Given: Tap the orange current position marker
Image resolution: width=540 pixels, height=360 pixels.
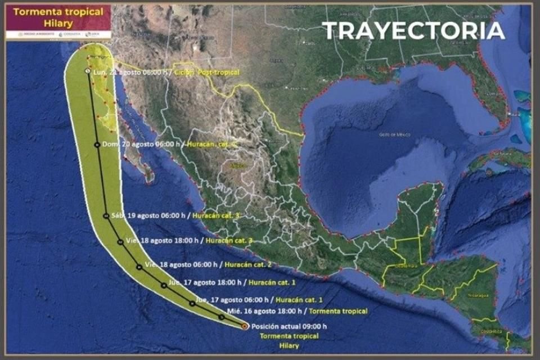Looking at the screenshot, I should [244, 326].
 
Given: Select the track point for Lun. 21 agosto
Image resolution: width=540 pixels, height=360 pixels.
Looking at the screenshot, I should [87, 71].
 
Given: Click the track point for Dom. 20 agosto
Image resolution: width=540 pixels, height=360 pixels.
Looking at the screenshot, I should [97, 145].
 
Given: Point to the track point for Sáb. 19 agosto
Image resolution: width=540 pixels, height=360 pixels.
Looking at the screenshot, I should [106, 215].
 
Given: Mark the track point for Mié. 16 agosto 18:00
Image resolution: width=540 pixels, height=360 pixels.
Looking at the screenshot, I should [221, 317].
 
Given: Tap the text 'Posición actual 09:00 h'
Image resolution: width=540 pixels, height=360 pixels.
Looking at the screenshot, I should [289, 326].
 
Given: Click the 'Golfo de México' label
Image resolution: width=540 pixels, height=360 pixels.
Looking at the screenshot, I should [394, 134].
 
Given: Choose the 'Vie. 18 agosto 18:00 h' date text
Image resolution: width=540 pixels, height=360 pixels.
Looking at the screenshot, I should [163, 240].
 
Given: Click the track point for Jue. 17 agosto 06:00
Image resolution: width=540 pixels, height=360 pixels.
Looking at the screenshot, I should [192, 303].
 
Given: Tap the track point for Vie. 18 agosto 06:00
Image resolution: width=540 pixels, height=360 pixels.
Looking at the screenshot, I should [139, 267].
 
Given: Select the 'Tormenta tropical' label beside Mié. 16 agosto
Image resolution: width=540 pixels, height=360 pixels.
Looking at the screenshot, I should [338, 311].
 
